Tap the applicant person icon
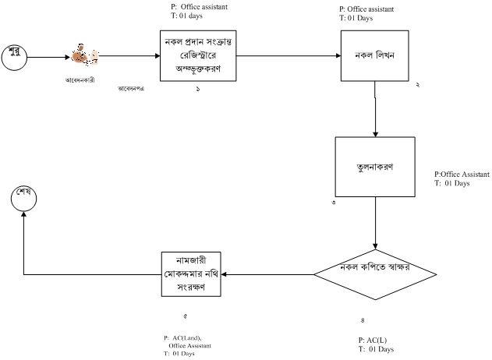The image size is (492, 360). pyautogui.click(x=83, y=55)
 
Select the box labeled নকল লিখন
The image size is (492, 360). pyautogui.click(x=376, y=56)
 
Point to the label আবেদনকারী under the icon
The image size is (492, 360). pyautogui.click(x=80, y=80)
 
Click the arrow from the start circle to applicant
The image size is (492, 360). pyautogui.click(x=47, y=56)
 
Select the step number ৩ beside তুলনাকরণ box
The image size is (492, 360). pyautogui.click(x=334, y=203)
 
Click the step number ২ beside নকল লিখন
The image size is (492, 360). pyautogui.click(x=417, y=84)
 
